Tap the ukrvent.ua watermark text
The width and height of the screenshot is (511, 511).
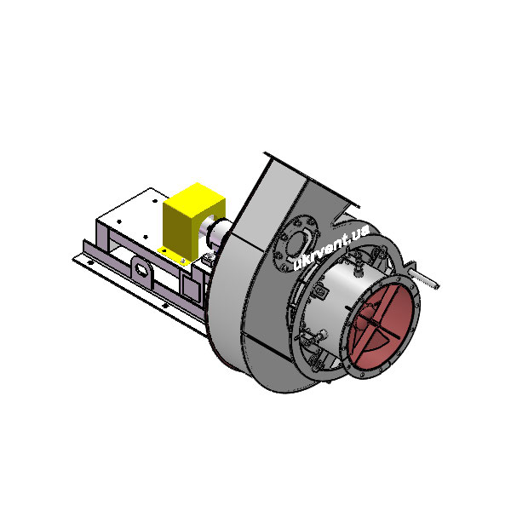(x=330, y=247)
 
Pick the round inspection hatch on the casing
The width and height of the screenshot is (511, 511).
(x=296, y=243)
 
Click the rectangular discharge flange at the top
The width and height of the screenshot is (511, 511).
(x=312, y=180)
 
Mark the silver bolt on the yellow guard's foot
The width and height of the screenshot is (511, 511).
(x=183, y=261)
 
